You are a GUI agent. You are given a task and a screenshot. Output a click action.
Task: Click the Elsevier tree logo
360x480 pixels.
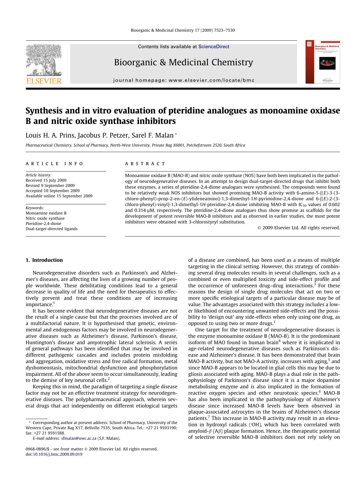point(44,60)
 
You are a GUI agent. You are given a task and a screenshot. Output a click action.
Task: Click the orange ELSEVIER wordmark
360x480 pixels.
point(44,81)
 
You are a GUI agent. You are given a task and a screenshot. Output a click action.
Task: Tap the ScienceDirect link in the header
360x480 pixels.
point(214,47)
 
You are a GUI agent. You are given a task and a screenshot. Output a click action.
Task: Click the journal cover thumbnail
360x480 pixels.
point(323,62)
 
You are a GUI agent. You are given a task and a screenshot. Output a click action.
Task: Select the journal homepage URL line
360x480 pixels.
point(184,80)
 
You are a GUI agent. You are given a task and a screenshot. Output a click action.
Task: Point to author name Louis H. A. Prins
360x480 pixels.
point(50,136)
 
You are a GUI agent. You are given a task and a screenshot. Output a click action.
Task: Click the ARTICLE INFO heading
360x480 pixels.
point(54,164)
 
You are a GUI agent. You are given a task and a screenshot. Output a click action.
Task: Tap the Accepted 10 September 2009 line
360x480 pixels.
point(52,191)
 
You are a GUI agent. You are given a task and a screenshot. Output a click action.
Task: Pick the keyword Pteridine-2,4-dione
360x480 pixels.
point(43,223)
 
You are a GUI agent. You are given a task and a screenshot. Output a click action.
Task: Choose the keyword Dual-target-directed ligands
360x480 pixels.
point(51,229)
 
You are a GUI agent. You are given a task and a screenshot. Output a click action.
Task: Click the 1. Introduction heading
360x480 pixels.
point(44,260)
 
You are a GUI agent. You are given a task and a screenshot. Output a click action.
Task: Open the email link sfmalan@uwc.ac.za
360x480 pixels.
point(79,439)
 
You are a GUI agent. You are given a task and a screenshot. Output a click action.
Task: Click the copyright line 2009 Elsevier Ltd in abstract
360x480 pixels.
point(299,228)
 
